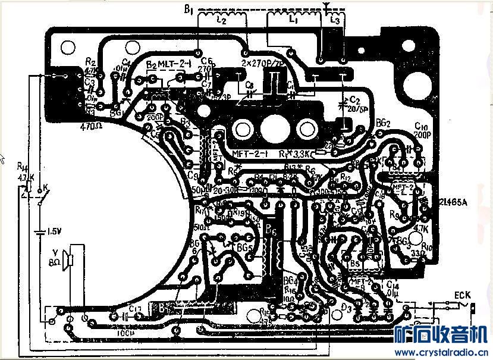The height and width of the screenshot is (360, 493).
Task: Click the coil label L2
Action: [221, 20]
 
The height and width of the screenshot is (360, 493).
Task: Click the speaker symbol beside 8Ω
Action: [70, 261]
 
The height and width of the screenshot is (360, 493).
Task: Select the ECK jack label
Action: [462, 295]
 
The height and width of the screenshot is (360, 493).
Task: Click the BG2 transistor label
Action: [383, 123]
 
